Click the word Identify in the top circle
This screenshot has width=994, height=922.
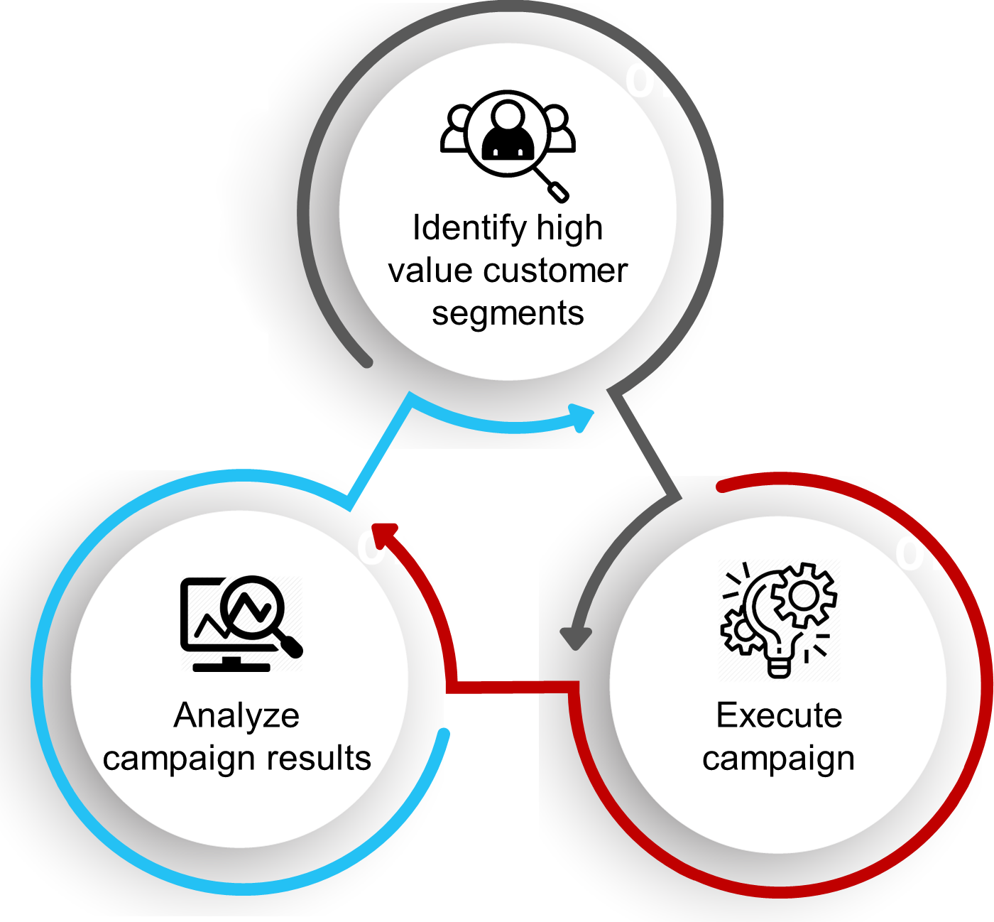[x=469, y=229]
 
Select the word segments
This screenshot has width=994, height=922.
[x=508, y=313]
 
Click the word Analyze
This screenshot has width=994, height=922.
[x=236, y=715]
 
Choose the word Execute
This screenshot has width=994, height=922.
[x=779, y=715]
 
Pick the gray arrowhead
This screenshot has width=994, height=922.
[x=576, y=637]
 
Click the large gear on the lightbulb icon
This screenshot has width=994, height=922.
[x=803, y=596]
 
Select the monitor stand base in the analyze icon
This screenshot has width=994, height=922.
[x=231, y=666]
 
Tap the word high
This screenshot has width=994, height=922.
[x=569, y=229]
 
